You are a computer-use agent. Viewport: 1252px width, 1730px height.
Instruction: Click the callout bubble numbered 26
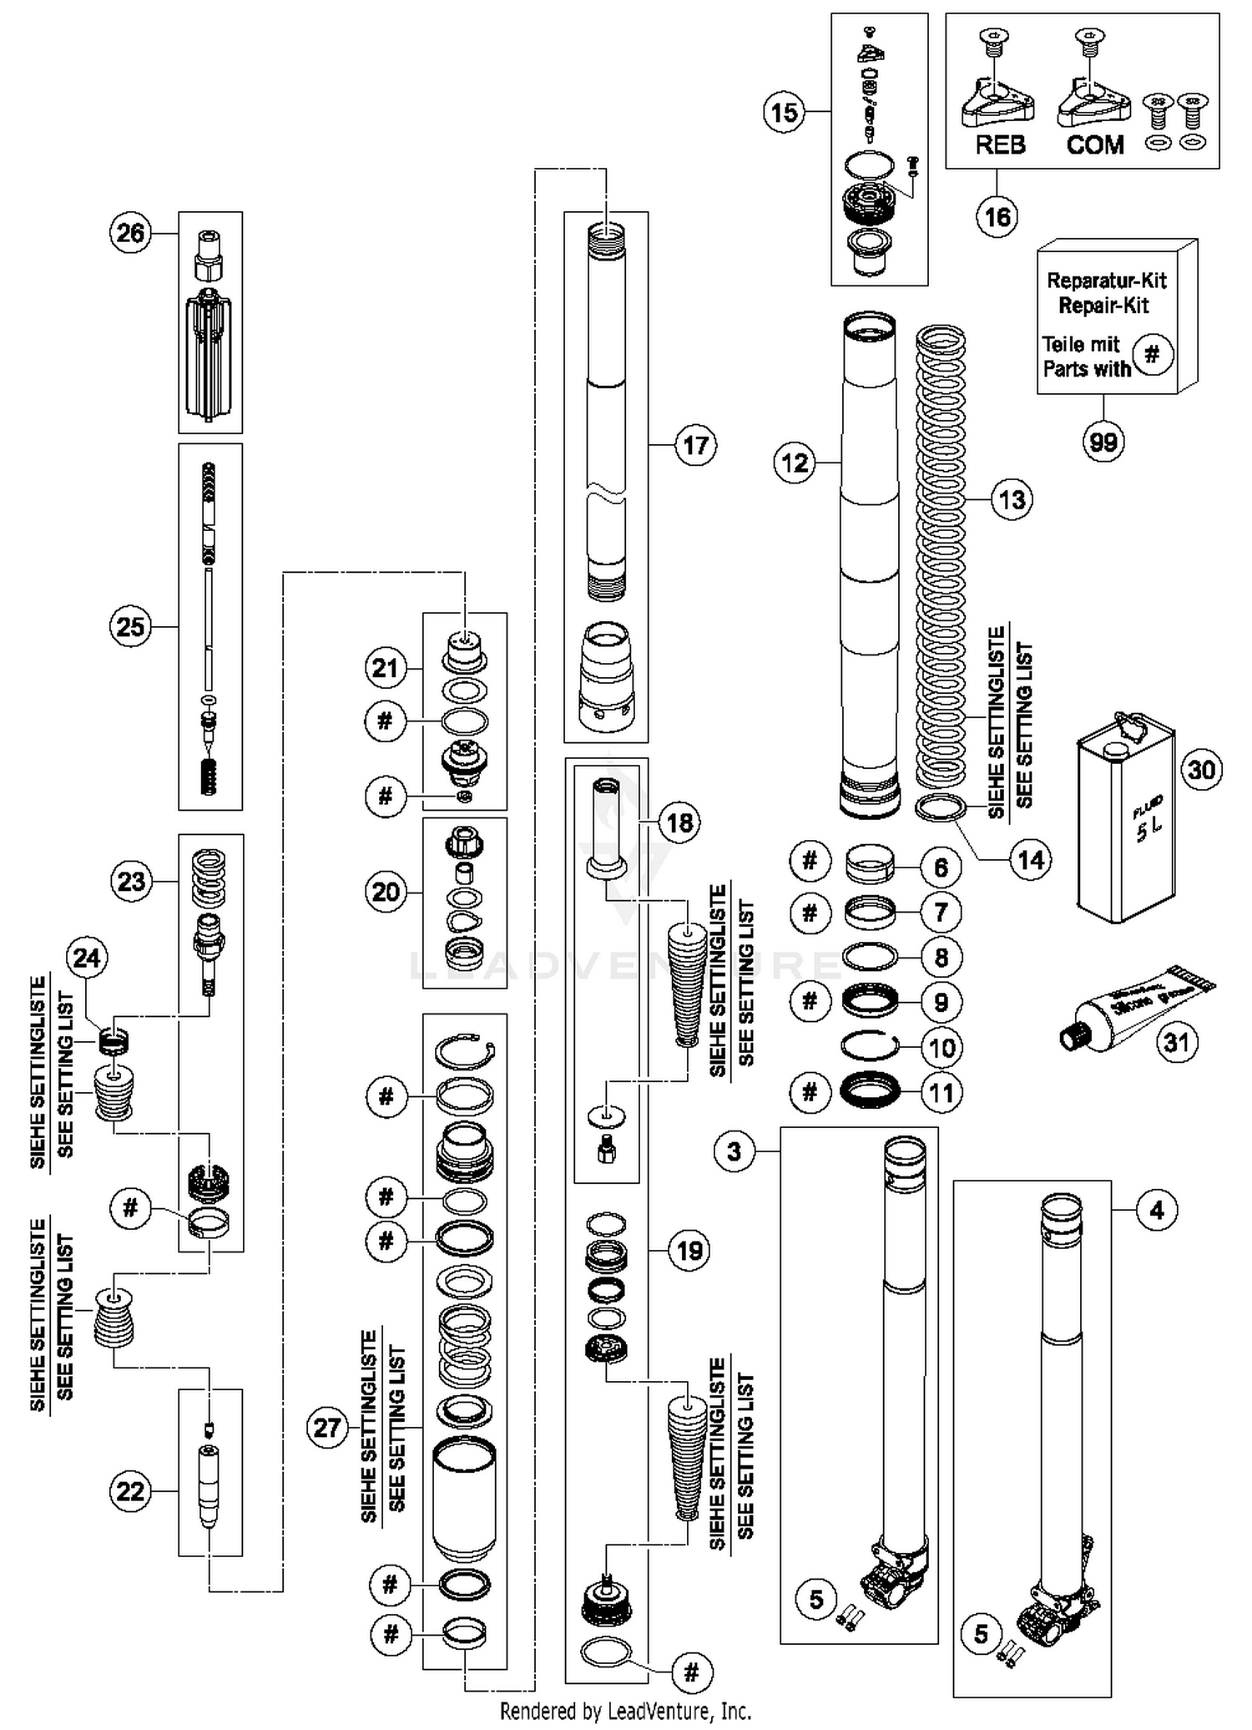click(x=130, y=233)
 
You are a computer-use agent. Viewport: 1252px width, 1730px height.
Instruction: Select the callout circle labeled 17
click(x=695, y=446)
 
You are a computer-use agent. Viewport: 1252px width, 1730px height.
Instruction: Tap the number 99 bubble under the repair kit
click(x=1103, y=442)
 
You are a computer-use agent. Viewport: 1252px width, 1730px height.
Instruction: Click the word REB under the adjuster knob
click(x=1000, y=145)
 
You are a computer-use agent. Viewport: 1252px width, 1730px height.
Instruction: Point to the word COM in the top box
click(x=1095, y=145)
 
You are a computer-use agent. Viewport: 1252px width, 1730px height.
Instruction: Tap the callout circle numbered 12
click(x=795, y=462)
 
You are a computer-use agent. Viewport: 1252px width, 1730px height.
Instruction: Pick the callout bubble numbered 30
click(x=1201, y=769)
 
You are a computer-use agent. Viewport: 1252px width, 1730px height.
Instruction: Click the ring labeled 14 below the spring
click(x=942, y=808)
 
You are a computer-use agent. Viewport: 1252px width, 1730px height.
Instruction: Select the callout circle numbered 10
click(x=942, y=1047)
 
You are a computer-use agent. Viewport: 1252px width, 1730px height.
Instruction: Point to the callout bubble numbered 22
click(x=130, y=1491)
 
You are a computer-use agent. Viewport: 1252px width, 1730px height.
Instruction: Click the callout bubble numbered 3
click(x=734, y=1152)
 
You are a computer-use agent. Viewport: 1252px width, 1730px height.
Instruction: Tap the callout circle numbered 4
click(x=1156, y=1210)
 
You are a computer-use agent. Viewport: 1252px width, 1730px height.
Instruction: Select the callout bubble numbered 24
click(x=87, y=958)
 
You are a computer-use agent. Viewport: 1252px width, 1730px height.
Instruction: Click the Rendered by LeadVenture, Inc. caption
click(x=625, y=1711)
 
